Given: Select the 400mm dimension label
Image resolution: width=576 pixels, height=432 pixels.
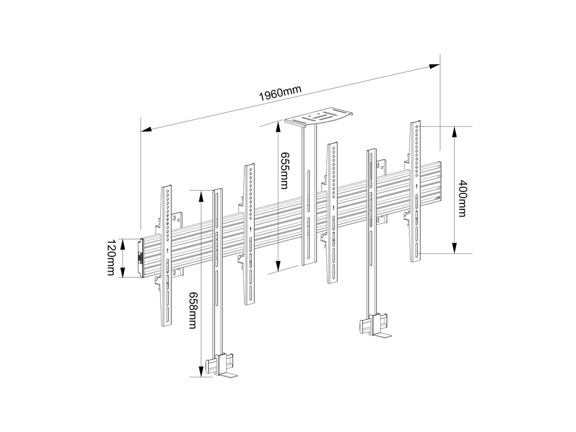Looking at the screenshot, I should click(x=462, y=198).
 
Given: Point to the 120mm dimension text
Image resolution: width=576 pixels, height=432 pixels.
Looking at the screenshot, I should click(x=111, y=258).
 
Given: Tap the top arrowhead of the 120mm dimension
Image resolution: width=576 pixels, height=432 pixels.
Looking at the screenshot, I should click(x=123, y=244).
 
